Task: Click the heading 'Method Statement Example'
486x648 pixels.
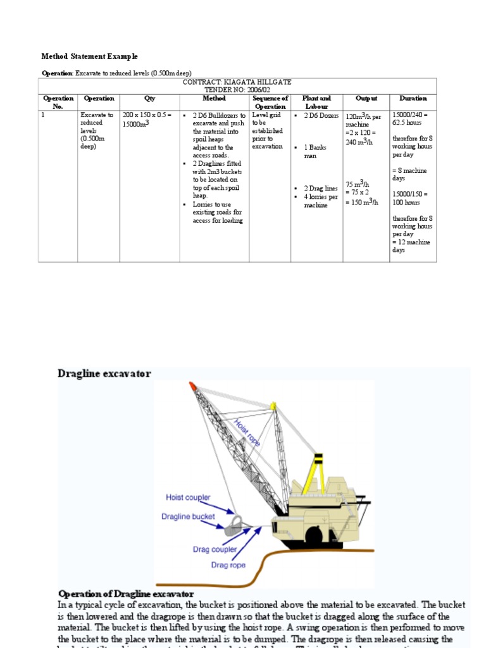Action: pyautogui.click(x=89, y=56)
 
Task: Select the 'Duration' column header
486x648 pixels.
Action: pyautogui.click(x=413, y=99)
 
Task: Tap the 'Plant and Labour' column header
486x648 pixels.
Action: pyautogui.click(x=316, y=103)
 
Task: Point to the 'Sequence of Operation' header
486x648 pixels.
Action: pyautogui.click(x=270, y=103)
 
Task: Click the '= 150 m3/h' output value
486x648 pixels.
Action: pyautogui.click(x=362, y=202)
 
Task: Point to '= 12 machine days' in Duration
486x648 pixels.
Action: pyautogui.click(x=411, y=246)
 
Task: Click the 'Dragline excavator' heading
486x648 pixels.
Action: pyautogui.click(x=104, y=374)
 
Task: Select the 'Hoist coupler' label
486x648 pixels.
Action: pyautogui.click(x=188, y=498)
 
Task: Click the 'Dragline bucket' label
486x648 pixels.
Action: pyautogui.click(x=188, y=516)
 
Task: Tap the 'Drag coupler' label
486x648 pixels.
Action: pyautogui.click(x=215, y=549)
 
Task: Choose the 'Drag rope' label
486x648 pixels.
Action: pyautogui.click(x=228, y=564)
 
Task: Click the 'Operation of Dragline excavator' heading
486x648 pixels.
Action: pyautogui.click(x=125, y=594)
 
